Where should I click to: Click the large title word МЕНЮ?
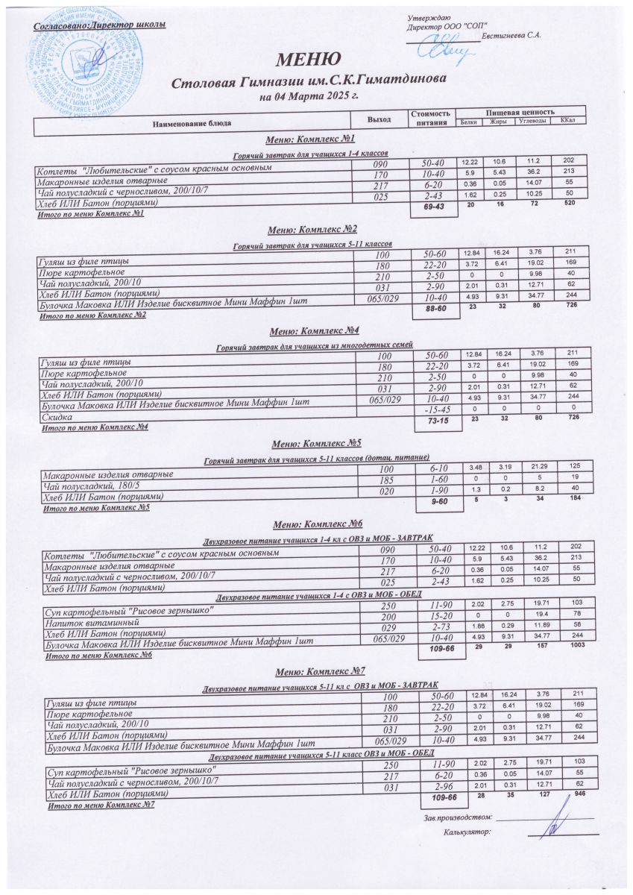309,59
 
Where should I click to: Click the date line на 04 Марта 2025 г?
309,96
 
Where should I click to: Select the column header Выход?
379,120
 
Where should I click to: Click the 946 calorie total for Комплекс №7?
571,796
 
